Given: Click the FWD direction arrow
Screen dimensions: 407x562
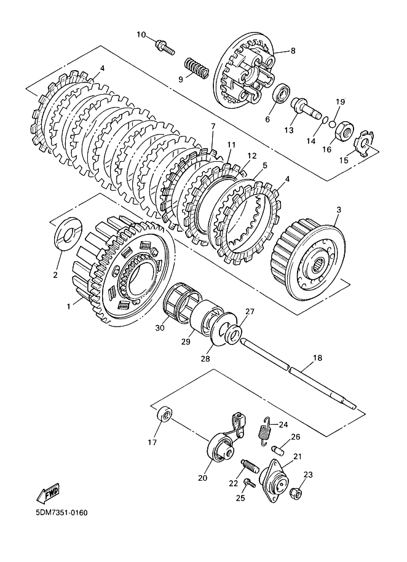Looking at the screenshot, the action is pyautogui.click(x=48, y=494).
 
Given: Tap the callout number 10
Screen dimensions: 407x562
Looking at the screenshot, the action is pyautogui.click(x=141, y=35).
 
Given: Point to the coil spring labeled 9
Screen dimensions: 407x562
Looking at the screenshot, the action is pyautogui.click(x=196, y=68).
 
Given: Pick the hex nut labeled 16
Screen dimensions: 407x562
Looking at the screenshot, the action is pyautogui.click(x=344, y=131).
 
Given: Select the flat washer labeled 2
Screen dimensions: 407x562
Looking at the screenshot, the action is pyautogui.click(x=68, y=234).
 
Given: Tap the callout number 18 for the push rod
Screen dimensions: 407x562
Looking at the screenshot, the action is pyautogui.click(x=317, y=358).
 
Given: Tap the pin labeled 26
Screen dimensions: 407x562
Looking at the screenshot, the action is pyautogui.click(x=279, y=450).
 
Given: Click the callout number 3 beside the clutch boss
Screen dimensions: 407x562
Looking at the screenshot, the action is pyautogui.click(x=339, y=209).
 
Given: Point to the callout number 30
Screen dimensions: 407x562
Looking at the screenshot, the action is pyautogui.click(x=160, y=328).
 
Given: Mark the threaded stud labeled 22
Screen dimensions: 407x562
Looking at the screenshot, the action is pyautogui.click(x=250, y=466).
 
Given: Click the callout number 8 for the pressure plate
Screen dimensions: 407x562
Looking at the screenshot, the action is pyautogui.click(x=293, y=51).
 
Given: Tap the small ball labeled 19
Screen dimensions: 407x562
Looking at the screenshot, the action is pyautogui.click(x=332, y=124).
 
